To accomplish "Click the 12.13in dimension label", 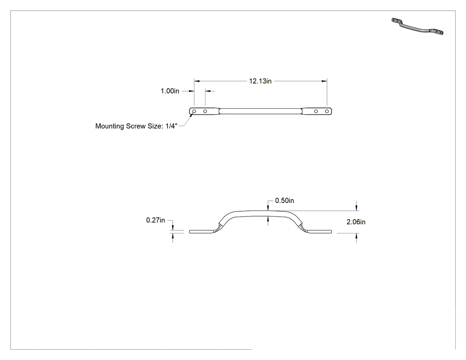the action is click(x=260, y=81).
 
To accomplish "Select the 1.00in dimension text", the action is click(x=170, y=91).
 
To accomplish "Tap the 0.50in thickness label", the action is click(x=284, y=201).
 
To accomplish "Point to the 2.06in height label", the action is click(x=356, y=222).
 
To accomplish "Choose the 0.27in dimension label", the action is click(x=155, y=220).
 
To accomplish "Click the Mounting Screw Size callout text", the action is click(x=136, y=126).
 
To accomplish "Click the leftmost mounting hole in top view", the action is click(x=194, y=111).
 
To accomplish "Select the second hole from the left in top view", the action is click(x=205, y=111).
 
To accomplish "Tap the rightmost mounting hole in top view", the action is click(x=327, y=111).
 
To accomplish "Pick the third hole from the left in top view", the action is click(x=316, y=111).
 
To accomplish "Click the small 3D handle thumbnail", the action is click(x=417, y=26).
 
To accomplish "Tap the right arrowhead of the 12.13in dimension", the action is click(x=324, y=81).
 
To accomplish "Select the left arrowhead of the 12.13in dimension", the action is click(x=197, y=81).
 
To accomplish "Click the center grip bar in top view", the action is click(x=261, y=111).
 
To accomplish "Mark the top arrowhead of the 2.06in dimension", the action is click(x=356, y=208).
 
